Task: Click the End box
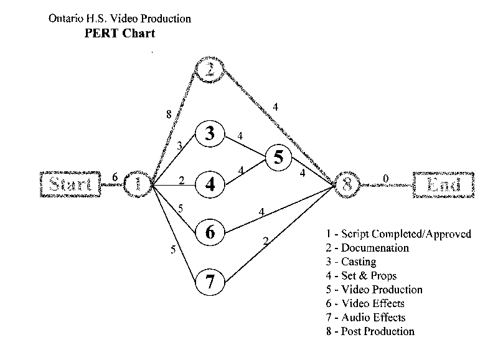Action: coord(441,184)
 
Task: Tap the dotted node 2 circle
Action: coord(209,69)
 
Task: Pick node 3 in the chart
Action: coord(210,134)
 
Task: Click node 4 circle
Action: coord(210,184)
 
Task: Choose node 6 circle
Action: coord(210,232)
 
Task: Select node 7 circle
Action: coord(210,282)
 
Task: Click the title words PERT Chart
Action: coord(120,34)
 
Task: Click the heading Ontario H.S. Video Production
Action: coord(120,19)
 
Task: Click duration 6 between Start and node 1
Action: coord(114,177)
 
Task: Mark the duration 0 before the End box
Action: coord(386,178)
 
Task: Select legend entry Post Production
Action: coord(371,331)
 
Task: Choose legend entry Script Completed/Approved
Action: coord(398,234)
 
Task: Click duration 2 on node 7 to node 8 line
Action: coord(266,241)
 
